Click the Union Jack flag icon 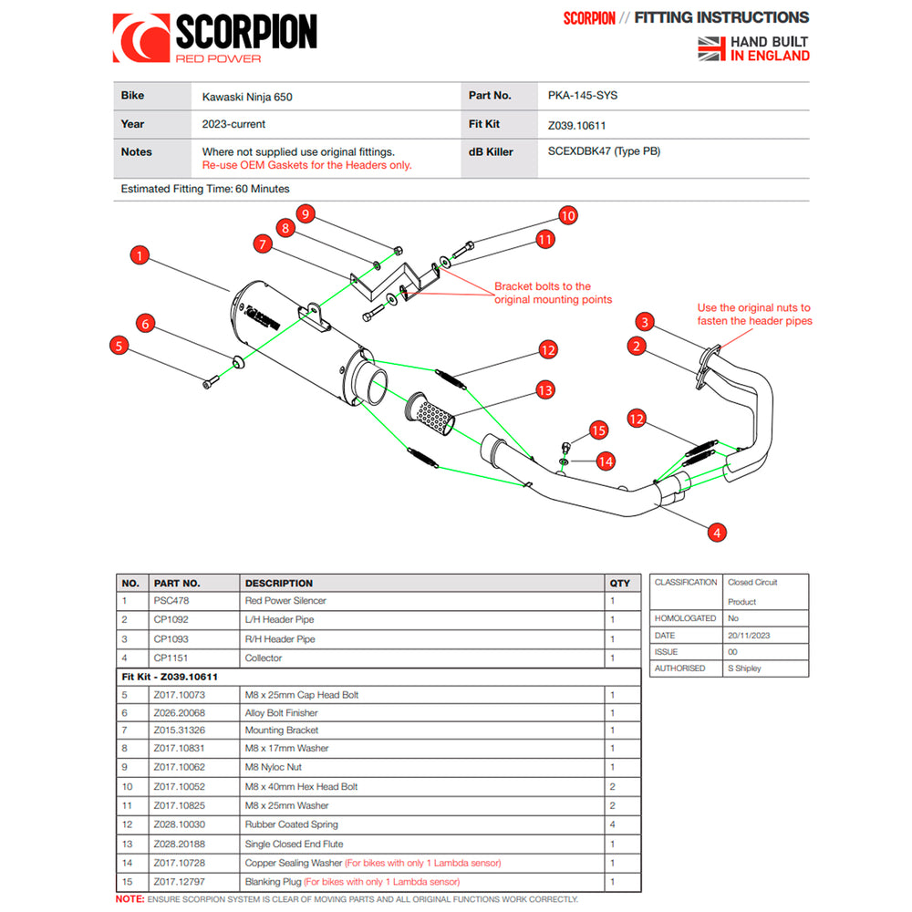point(710,48)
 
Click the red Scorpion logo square point(140,38)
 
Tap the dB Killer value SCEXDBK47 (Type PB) point(604,151)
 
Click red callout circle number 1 point(138,255)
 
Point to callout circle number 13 point(544,390)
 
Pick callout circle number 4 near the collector point(719,533)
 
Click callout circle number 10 point(567,216)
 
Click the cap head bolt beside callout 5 point(211,382)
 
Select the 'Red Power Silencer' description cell point(285,601)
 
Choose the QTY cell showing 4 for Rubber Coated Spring point(612,824)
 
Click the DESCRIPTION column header point(278,583)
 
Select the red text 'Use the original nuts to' point(753,308)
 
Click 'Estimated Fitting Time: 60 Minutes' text point(205,189)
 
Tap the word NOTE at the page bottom point(129,899)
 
